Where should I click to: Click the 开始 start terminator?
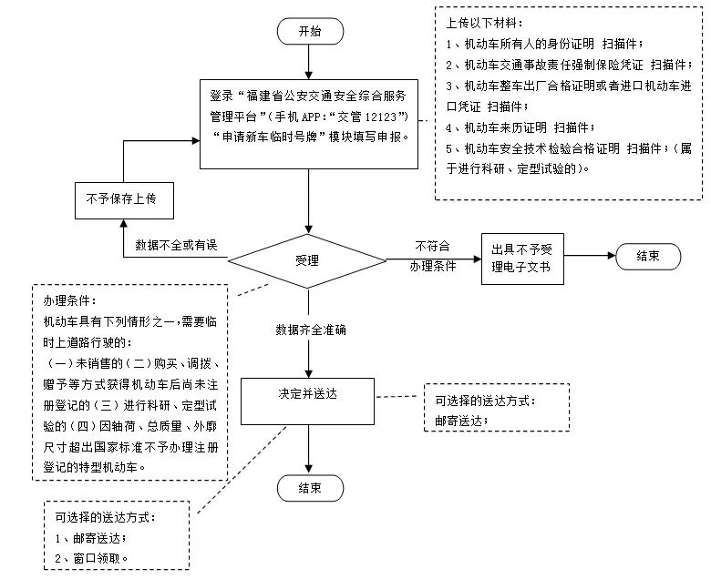[310, 31]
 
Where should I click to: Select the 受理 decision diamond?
[310, 261]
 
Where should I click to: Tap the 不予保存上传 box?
[121, 198]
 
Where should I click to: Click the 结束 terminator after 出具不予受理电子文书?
[647, 258]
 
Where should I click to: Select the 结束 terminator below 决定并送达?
[310, 488]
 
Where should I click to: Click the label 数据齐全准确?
[310, 330]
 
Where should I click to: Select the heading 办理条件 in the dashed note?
[68, 300]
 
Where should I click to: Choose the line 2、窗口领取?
[92, 557]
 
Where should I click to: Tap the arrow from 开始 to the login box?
[310, 61]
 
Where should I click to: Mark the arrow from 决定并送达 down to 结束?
[310, 446]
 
